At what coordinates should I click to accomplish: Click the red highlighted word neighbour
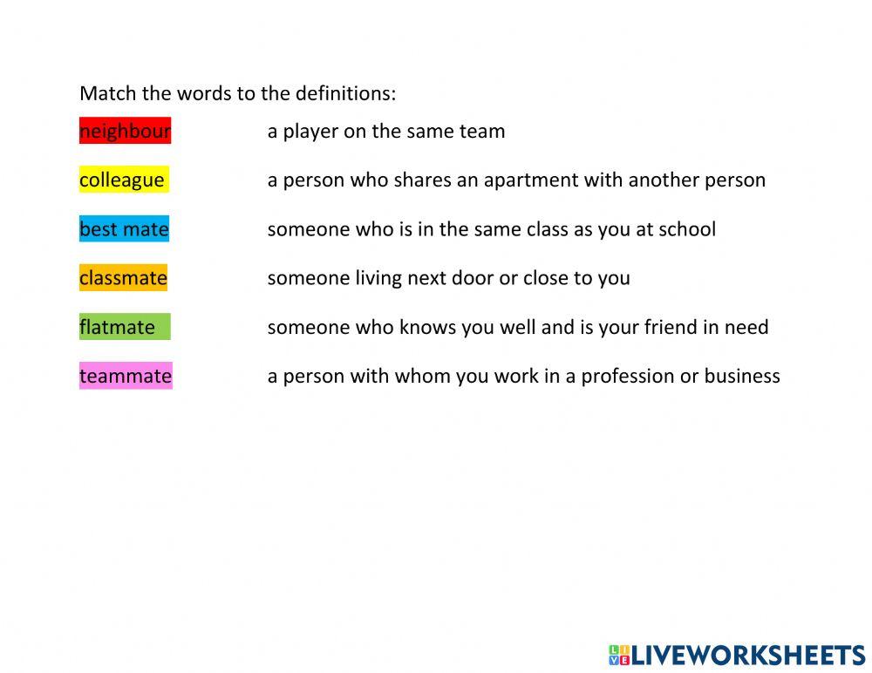tap(125, 131)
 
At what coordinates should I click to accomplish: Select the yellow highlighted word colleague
tap(122, 180)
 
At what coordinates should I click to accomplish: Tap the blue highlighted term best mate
tap(124, 229)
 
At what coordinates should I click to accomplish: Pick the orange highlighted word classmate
tap(123, 278)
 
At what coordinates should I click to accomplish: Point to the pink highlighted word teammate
tap(126, 376)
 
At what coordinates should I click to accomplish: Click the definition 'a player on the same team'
tap(386, 131)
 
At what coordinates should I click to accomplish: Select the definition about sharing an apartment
tap(516, 180)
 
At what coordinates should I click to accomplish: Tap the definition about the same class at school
tap(491, 229)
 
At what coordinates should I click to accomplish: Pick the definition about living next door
tap(448, 278)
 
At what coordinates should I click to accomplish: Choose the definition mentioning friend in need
tap(518, 327)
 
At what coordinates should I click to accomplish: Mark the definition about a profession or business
tap(523, 376)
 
